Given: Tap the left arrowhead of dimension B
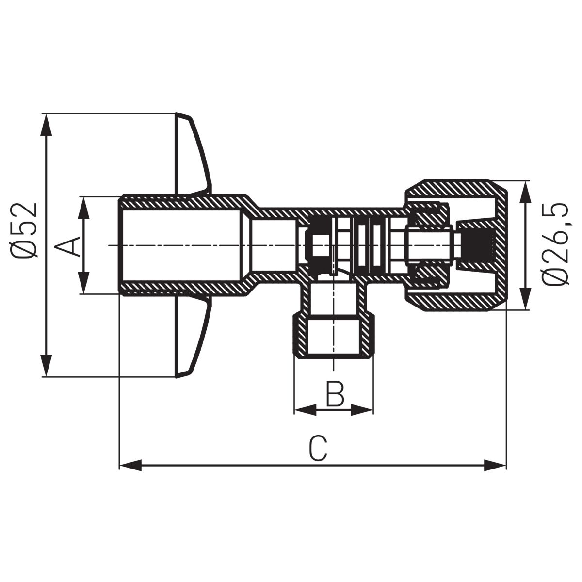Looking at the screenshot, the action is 305,410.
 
